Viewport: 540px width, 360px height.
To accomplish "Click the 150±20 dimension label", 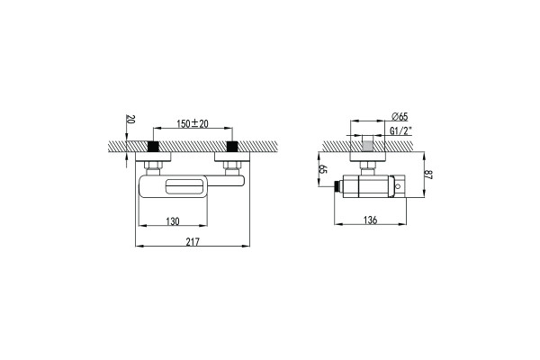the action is click(193, 123).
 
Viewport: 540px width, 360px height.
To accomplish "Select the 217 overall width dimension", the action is click(193, 242).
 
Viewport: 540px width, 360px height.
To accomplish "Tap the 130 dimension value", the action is click(173, 221).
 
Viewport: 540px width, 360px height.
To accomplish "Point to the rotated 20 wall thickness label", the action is click(130, 119).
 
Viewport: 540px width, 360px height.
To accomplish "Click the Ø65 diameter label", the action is click(400, 116).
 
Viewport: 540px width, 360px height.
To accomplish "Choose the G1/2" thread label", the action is click(400, 130).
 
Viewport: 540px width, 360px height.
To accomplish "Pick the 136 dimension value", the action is click(370, 220).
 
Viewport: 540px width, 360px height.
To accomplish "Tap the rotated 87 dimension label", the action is click(428, 175).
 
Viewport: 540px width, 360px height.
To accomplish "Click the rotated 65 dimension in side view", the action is click(323, 169).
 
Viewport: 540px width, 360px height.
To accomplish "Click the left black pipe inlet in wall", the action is click(153, 146).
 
